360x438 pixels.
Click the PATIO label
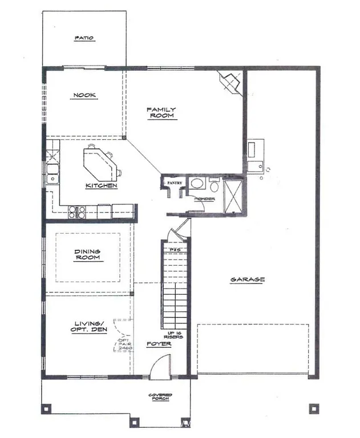[84, 38]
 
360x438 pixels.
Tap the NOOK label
[84, 95]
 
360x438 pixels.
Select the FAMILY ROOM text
[161, 112]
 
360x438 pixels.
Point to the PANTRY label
[174, 182]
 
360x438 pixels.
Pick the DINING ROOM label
[87, 254]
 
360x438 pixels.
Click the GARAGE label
[247, 279]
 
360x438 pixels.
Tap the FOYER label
[159, 344]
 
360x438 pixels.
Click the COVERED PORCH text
[160, 398]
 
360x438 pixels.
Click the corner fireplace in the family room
[230, 82]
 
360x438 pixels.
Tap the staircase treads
[175, 291]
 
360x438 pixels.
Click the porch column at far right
[313, 408]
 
